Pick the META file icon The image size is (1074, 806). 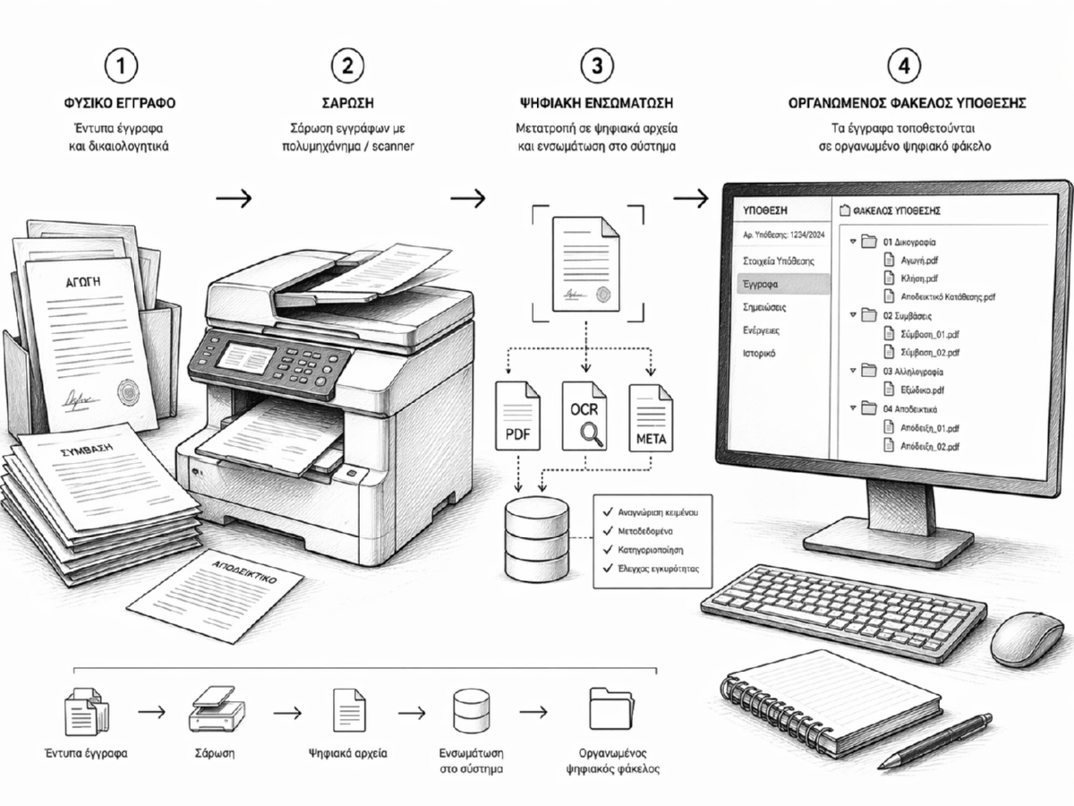[x=651, y=417]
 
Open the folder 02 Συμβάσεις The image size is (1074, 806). [x=913, y=315]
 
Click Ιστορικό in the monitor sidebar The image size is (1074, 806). [x=761, y=354]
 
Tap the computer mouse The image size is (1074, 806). [x=1027, y=639]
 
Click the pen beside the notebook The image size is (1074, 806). [x=934, y=741]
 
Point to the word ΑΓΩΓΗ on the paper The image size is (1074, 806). [x=83, y=280]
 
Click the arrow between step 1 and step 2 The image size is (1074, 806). [x=234, y=198]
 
